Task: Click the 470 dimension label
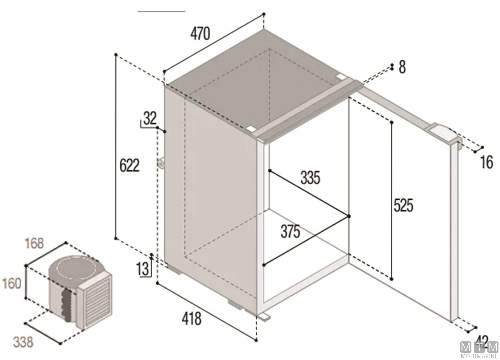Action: point(200,34)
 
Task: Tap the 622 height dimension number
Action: point(130,165)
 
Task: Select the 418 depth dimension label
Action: point(191,319)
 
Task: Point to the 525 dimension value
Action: point(403,205)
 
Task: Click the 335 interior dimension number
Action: point(310,178)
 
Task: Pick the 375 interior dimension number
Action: point(290,231)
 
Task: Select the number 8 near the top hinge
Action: point(402,67)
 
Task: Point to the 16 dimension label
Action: point(486,162)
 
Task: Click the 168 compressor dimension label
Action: point(34,243)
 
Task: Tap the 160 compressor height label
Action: point(12,283)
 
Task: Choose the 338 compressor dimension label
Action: point(23,342)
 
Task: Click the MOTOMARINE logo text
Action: point(479,356)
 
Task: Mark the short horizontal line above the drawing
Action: point(162,11)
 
